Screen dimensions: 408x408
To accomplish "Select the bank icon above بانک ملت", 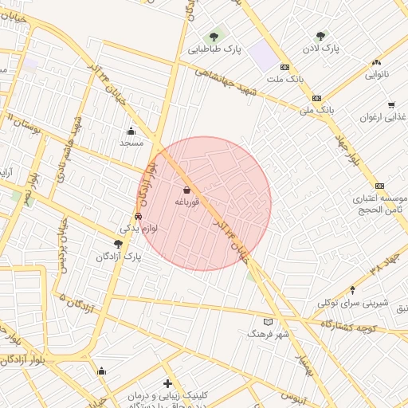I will pyautogui.click(x=285, y=67).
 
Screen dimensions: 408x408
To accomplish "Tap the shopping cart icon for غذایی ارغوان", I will pyautogui.click(x=390, y=104).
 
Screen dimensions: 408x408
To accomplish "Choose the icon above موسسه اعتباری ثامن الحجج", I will pyautogui.click(x=379, y=185).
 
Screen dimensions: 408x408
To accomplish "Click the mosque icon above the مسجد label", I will pyautogui.click(x=131, y=131).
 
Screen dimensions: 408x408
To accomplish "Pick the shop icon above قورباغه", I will pyautogui.click(x=186, y=190).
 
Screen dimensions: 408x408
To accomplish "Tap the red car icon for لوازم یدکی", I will pyautogui.click(x=138, y=215).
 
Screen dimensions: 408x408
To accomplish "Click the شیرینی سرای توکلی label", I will pyautogui.click(x=353, y=303).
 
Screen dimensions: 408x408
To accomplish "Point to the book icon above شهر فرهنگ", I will pyautogui.click(x=268, y=322).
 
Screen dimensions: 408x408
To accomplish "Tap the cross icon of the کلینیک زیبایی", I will pyautogui.click(x=167, y=384).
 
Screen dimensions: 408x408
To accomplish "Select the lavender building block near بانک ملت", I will pyautogui.click(x=262, y=56).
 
